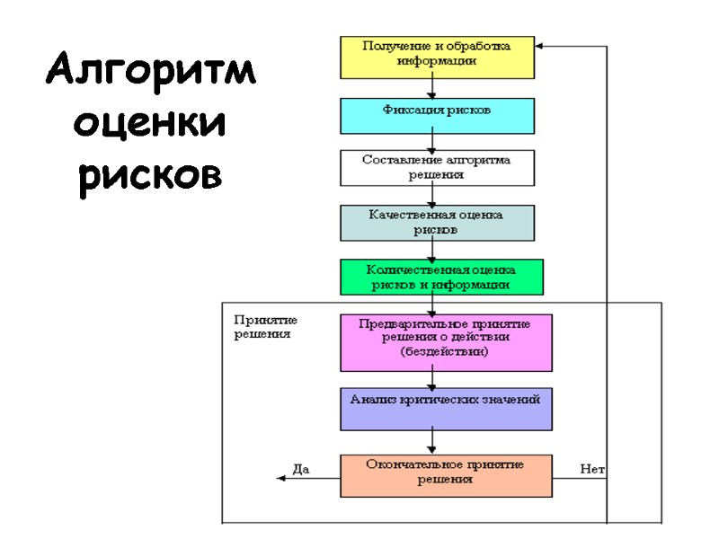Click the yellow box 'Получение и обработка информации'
(x=437, y=57)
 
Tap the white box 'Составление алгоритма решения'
(x=437, y=167)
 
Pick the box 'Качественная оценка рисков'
(x=437, y=223)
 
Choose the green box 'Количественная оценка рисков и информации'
(x=441, y=277)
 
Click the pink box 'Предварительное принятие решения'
(x=446, y=342)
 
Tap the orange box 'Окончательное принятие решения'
(x=446, y=475)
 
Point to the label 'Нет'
(x=592, y=468)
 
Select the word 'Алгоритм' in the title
(x=151, y=70)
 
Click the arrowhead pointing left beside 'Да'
(x=280, y=479)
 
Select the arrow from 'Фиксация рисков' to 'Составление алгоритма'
(x=432, y=142)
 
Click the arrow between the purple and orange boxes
(x=432, y=443)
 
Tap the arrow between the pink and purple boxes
(x=432, y=380)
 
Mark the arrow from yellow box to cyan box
(x=432, y=88)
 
